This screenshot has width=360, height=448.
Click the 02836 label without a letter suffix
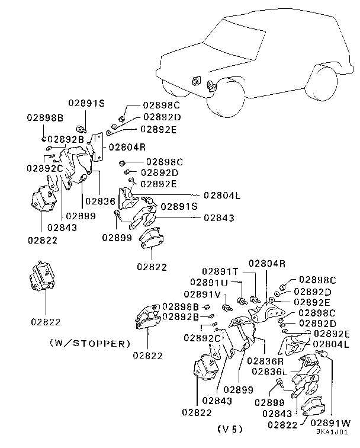(x=99, y=201)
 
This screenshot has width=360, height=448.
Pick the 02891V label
(x=202, y=294)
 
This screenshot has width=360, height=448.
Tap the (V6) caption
(x=229, y=428)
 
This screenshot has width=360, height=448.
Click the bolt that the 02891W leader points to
(x=323, y=354)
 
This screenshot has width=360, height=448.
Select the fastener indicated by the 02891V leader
(x=227, y=307)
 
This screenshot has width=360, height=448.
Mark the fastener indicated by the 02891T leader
(x=255, y=300)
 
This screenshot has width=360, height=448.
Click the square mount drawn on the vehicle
(x=196, y=79)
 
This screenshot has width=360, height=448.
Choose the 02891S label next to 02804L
(x=179, y=207)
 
